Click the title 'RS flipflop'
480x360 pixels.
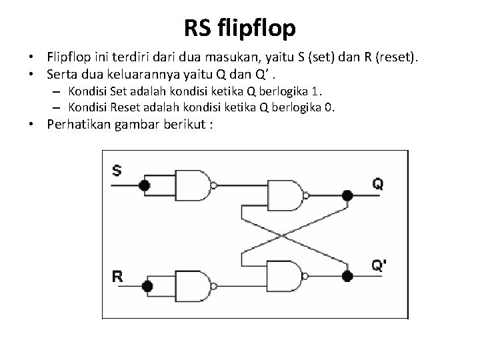(240, 28)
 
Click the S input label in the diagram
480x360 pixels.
(117, 171)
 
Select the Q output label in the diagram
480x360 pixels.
(378, 184)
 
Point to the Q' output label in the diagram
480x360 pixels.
(379, 265)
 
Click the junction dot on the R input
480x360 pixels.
(147, 287)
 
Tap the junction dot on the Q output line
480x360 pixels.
(346, 195)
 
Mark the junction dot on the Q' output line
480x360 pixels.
(346, 275)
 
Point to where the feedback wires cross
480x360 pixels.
(285, 235)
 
